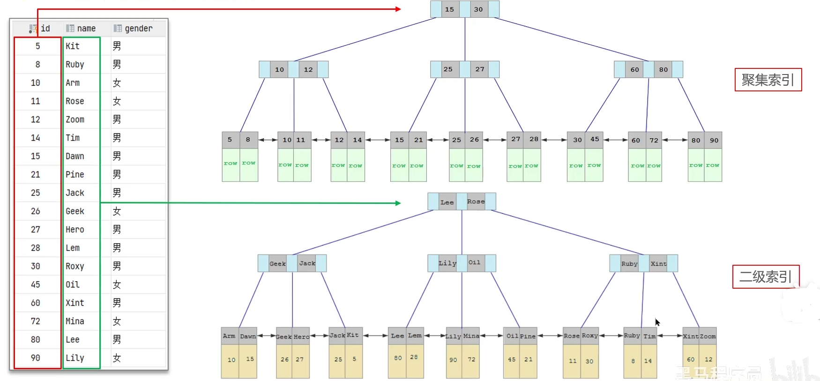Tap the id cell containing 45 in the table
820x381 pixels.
click(36, 284)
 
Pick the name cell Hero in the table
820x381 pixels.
click(75, 230)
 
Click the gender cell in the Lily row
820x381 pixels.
click(117, 358)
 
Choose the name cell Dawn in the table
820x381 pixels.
click(75, 156)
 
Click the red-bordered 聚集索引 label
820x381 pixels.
click(768, 80)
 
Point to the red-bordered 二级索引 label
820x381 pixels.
click(766, 276)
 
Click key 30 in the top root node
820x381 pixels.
click(478, 9)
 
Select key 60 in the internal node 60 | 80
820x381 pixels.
click(634, 69)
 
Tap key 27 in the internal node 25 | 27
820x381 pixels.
click(480, 69)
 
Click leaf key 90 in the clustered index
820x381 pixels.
click(714, 140)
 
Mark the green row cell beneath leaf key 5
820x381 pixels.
click(231, 164)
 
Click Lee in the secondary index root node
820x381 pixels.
click(447, 202)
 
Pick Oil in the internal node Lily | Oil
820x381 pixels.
click(474, 263)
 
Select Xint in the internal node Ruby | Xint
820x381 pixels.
click(658, 264)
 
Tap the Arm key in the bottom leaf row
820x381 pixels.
click(229, 336)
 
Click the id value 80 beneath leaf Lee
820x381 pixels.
click(397, 358)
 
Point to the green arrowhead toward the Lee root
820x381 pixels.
click(398, 203)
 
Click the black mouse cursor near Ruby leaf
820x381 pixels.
click(657, 322)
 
